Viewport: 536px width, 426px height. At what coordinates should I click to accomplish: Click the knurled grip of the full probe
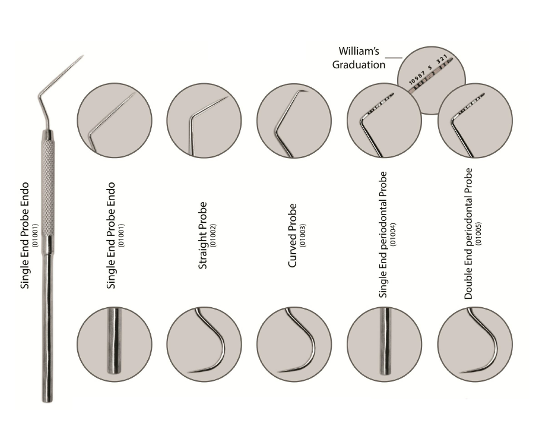point(48,188)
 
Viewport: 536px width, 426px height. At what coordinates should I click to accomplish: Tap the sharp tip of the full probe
point(84,55)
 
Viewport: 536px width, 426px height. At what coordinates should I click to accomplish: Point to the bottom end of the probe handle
point(47,401)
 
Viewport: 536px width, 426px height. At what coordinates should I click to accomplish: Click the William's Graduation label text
point(359,58)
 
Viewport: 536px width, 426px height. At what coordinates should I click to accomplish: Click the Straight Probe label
point(203,235)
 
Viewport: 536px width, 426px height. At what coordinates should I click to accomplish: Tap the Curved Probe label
point(292,235)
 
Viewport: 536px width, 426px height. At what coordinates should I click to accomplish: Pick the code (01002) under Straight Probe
point(213,235)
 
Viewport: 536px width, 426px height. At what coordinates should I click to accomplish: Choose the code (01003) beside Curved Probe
point(303,235)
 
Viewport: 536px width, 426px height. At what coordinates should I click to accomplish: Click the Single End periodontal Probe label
point(383,235)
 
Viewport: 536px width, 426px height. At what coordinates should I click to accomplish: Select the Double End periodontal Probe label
point(468,233)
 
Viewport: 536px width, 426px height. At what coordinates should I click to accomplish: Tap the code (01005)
point(478,234)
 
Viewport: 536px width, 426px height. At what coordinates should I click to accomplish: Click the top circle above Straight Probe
point(204,121)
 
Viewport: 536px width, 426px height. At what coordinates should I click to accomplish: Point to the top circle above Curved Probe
point(294,121)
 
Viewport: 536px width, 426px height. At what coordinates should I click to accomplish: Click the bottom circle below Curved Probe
point(294,344)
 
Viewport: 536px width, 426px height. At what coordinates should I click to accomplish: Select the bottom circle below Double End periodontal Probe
point(475,344)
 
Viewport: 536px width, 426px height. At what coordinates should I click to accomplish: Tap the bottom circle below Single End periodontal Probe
point(384,344)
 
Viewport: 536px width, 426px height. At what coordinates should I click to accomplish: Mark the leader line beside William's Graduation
point(396,58)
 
